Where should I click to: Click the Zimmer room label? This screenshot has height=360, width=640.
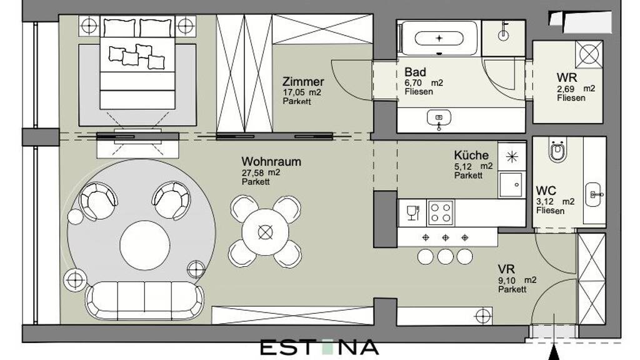303,82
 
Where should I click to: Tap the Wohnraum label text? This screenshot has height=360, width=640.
271,162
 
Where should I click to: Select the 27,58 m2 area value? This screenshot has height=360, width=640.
261,172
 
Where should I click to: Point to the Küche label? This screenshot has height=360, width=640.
471,156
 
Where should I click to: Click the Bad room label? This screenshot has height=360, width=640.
415,72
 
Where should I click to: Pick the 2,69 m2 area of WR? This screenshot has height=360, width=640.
576,89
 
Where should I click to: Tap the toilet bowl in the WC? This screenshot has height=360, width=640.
557,151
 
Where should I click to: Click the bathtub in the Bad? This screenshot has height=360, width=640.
439,38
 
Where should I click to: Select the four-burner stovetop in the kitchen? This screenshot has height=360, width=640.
441,212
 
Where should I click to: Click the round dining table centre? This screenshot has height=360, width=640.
265,232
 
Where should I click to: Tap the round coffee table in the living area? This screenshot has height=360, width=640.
145,245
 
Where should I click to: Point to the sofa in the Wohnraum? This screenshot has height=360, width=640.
144,301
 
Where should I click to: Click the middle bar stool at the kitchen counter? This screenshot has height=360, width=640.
445,257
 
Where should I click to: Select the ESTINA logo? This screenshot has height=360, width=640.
319,347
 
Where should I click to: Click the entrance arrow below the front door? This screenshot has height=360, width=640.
554,351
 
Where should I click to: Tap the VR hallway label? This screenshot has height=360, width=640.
506,269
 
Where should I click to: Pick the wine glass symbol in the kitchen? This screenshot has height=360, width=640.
412,212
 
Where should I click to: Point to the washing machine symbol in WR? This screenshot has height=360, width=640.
589,54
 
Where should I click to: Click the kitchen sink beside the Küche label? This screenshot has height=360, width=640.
511,184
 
